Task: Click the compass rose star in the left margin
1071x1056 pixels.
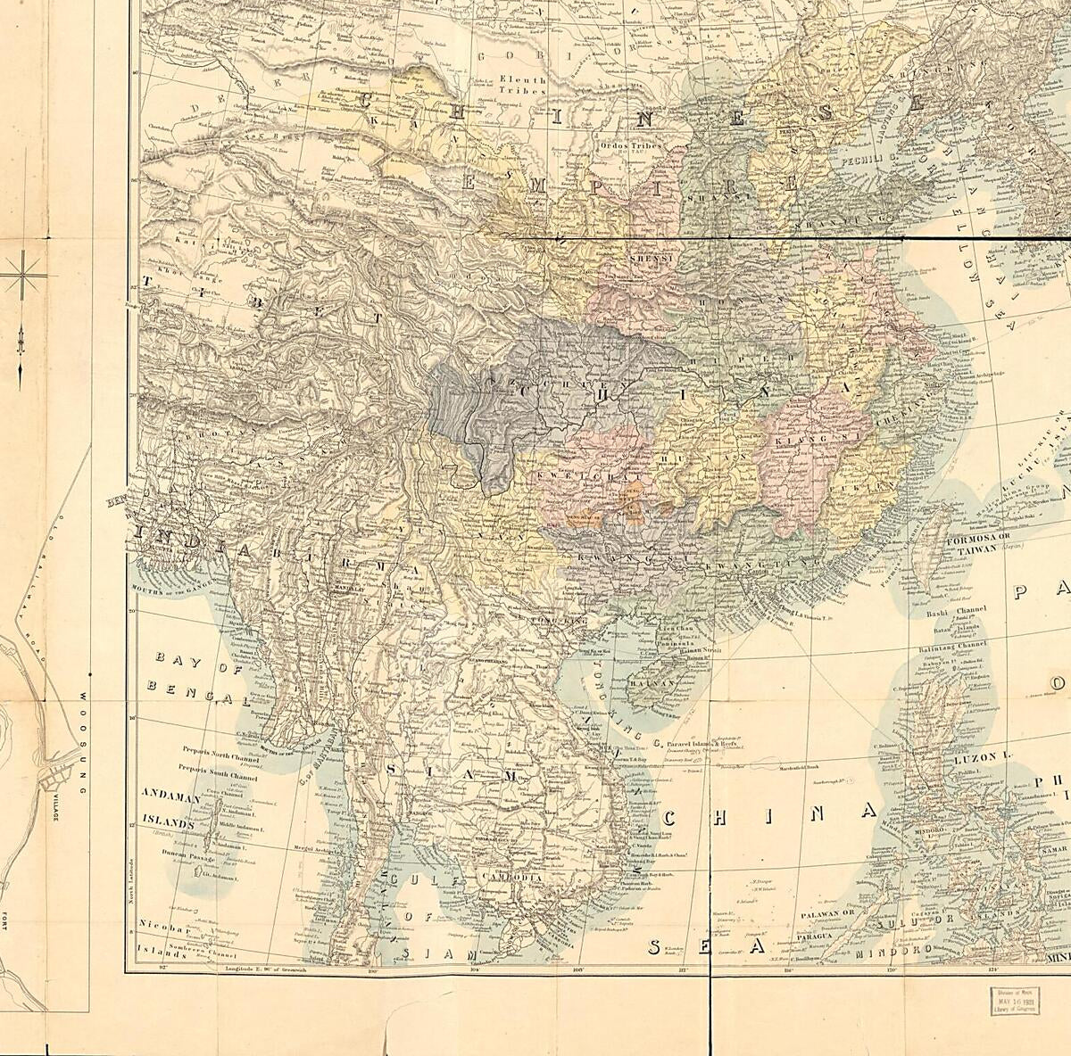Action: (x=21, y=277)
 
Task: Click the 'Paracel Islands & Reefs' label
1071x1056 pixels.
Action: (x=704, y=740)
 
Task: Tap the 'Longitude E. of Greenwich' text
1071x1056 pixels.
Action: (x=266, y=967)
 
